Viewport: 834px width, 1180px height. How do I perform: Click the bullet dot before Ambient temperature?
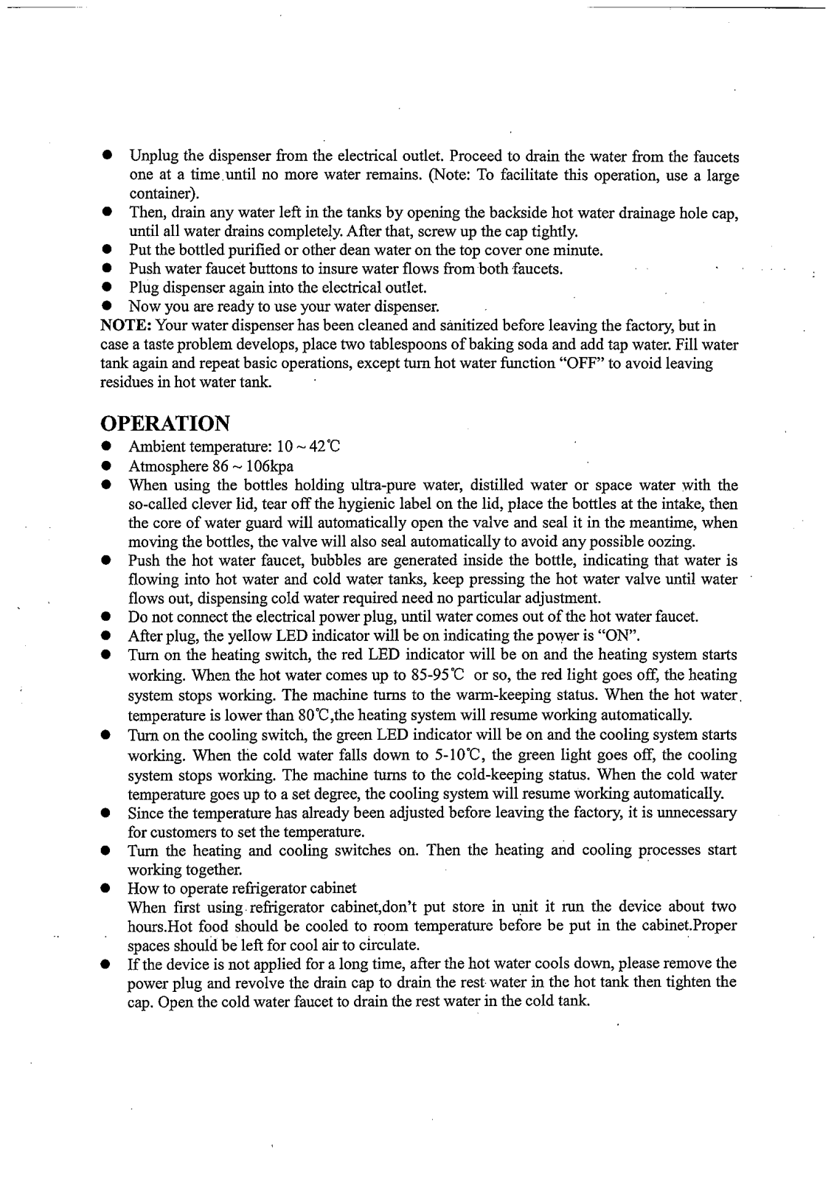point(107,447)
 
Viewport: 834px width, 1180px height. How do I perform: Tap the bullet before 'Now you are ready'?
point(107,306)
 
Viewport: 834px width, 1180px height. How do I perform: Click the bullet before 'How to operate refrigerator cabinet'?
point(107,888)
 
